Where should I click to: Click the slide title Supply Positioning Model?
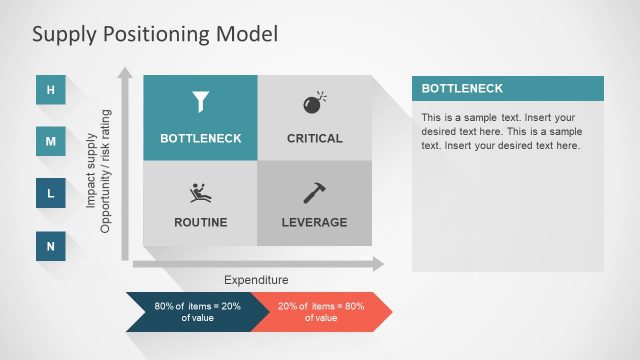tap(155, 34)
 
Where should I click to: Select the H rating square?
tap(51, 91)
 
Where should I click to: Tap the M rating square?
tap(51, 142)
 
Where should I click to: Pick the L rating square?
tap(51, 193)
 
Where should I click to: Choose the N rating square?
tap(51, 245)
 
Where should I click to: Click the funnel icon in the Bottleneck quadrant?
tap(201, 102)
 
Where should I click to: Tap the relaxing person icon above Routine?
tap(201, 192)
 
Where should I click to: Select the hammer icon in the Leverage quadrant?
tap(314, 192)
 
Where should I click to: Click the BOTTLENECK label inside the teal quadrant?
tap(201, 138)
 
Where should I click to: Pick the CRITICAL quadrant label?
tap(315, 138)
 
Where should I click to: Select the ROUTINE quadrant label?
tap(201, 222)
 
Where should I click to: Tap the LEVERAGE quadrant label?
tap(315, 222)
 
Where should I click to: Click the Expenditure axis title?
tap(256, 280)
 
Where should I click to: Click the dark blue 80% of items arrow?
tap(190, 311)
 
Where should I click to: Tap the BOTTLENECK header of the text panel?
tap(507, 88)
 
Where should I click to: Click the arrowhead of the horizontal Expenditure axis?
tap(377, 264)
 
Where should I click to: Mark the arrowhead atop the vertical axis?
tap(125, 73)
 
